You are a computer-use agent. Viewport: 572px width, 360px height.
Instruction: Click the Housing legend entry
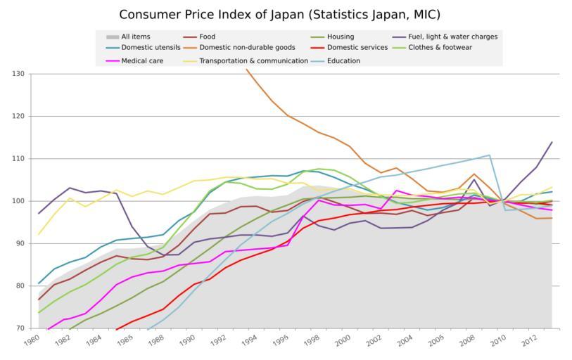coord(341,37)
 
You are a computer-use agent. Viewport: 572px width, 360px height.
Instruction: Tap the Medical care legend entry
coord(143,60)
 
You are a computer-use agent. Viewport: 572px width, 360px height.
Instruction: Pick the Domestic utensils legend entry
coord(151,48)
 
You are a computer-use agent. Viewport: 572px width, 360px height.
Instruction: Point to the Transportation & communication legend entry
coord(253,60)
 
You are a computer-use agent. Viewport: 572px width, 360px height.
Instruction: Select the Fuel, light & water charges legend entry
coord(452,37)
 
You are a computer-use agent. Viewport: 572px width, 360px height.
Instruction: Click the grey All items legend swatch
coord(112,37)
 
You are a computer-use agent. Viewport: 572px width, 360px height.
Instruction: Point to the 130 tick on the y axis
coord(18,74)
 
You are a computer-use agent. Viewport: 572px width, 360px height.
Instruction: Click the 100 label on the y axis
coord(18,201)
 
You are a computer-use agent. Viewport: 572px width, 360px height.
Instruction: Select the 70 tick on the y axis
coord(20,328)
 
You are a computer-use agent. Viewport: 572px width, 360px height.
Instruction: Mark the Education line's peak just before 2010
coord(489,155)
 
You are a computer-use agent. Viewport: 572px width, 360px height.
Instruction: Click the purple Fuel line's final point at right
coord(552,142)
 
